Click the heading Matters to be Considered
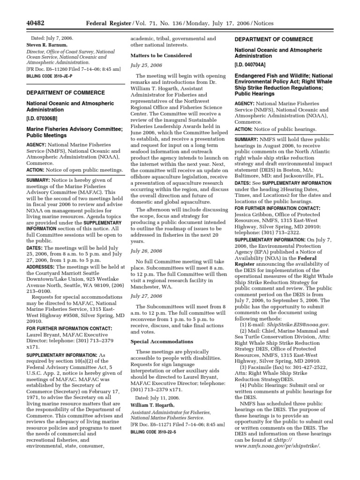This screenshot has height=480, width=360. pyautogui.click(x=161, y=55)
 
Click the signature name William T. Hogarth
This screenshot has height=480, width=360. pyautogui.click(x=153, y=405)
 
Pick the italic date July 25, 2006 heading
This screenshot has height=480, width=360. pyautogui.click(x=146, y=65)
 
